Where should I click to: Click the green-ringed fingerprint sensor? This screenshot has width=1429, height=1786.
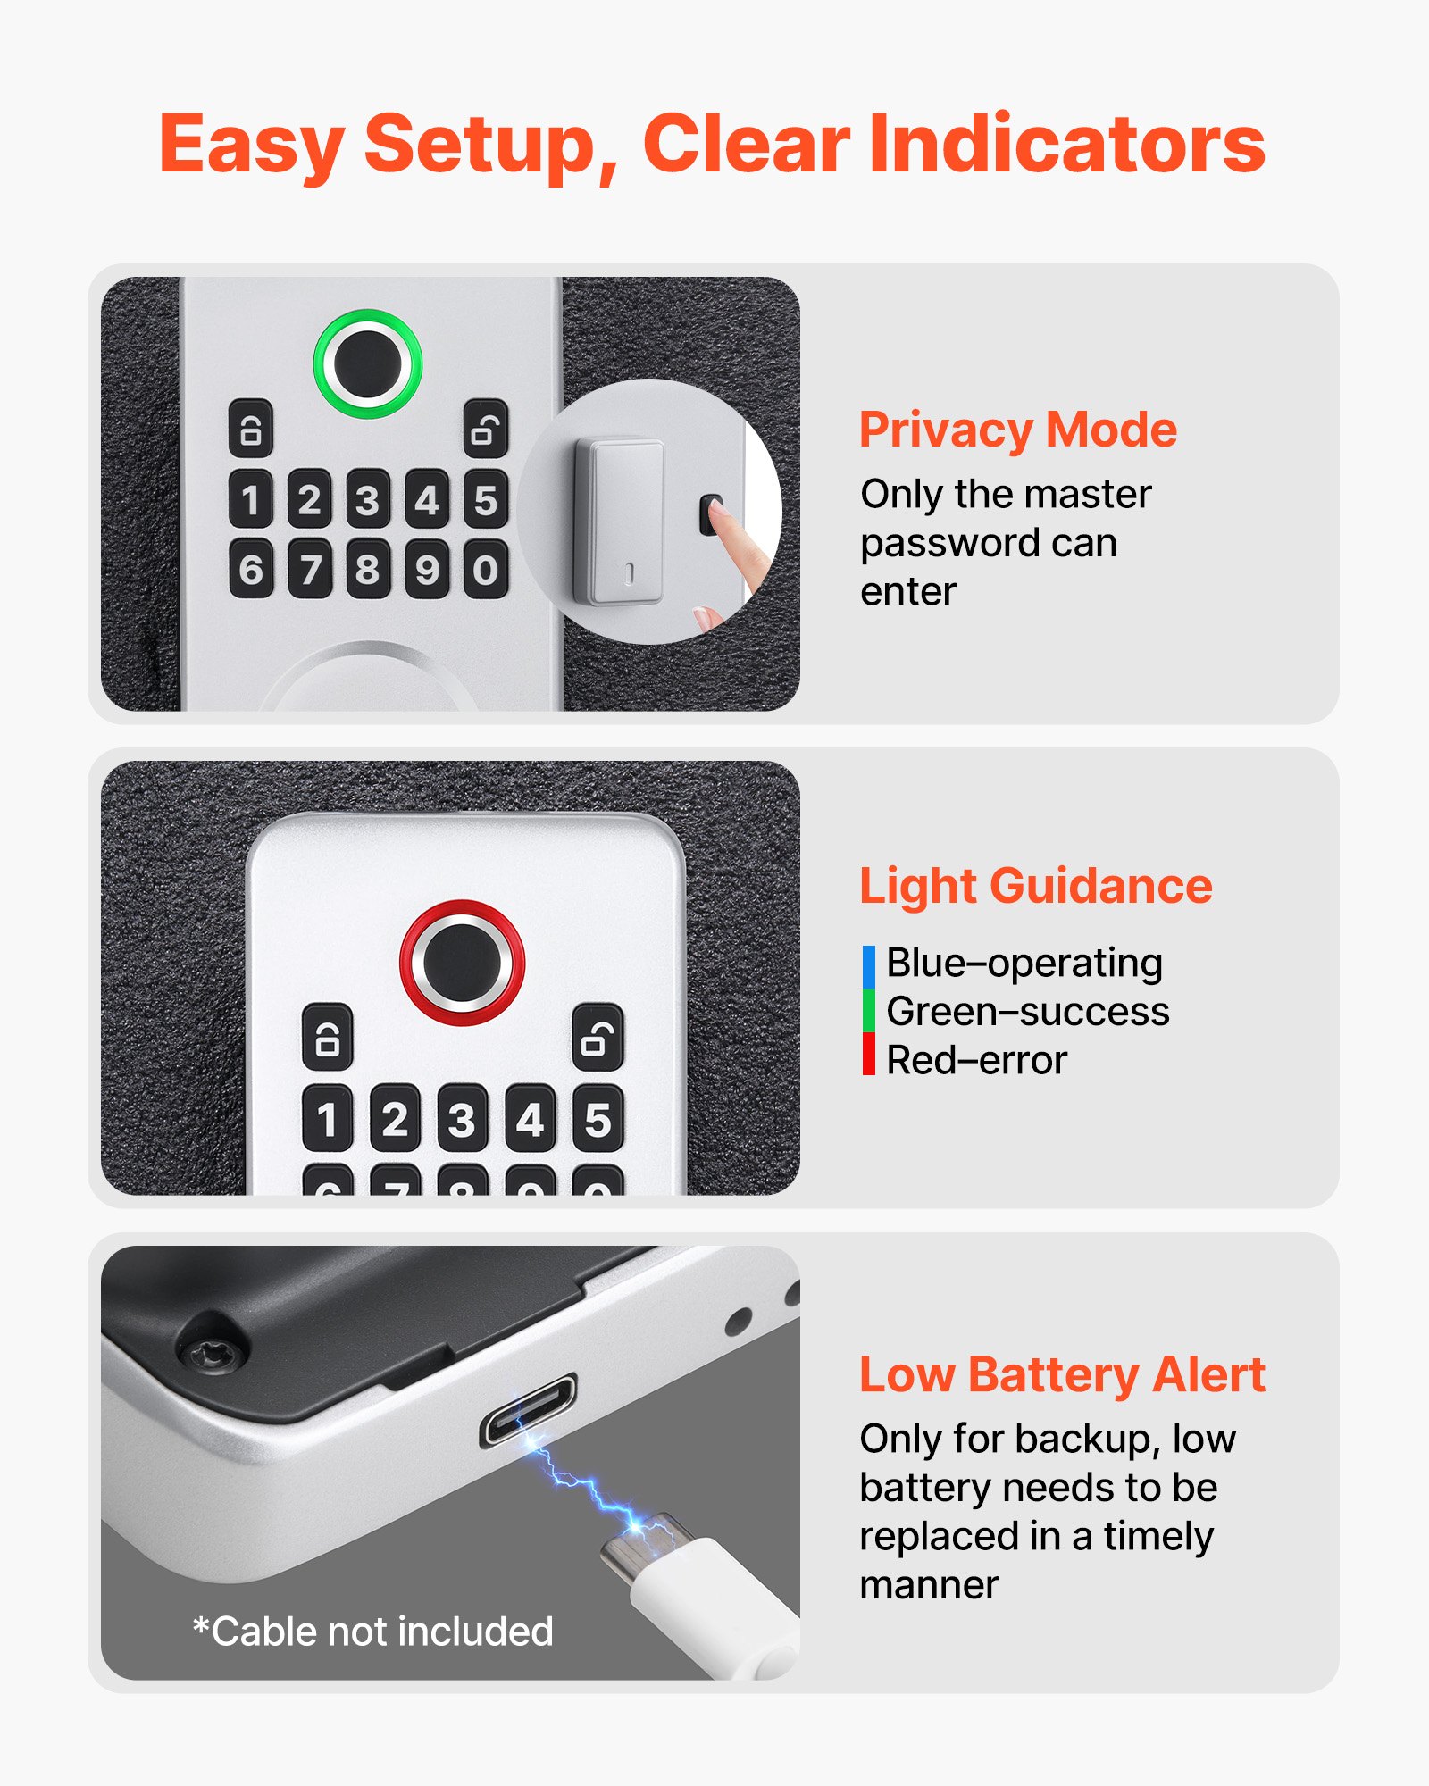(x=367, y=363)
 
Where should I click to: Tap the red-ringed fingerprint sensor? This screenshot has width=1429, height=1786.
(x=462, y=962)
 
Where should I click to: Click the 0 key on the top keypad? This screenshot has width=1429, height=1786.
(x=486, y=569)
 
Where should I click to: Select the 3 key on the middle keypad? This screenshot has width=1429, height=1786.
(x=462, y=1119)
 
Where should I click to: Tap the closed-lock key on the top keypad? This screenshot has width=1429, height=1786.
(x=251, y=429)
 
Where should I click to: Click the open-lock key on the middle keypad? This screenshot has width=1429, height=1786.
(x=598, y=1037)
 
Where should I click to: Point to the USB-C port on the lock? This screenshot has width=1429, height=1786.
(x=528, y=1409)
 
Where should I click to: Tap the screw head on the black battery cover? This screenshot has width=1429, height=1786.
(x=212, y=1354)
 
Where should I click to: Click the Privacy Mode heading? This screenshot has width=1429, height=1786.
(x=1017, y=430)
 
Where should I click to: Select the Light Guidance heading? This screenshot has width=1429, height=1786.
(x=1035, y=886)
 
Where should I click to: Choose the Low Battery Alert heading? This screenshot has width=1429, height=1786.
(x=1062, y=1374)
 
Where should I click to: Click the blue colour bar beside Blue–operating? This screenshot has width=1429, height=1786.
(x=869, y=966)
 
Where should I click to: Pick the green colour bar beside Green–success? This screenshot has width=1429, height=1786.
(x=869, y=1011)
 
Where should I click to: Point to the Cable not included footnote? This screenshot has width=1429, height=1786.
(x=373, y=1632)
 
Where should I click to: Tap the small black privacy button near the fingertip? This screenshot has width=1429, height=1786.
(x=710, y=515)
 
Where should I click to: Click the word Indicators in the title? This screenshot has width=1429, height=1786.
(x=1066, y=145)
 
